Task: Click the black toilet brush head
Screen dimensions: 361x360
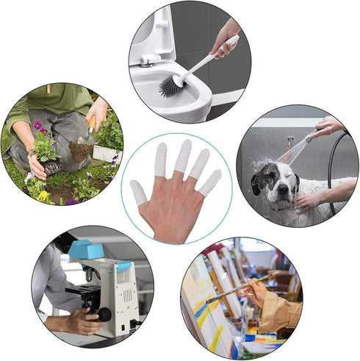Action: (171, 86)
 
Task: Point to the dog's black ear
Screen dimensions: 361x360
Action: (256, 180)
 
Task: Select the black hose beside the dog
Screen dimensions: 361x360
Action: (335, 169)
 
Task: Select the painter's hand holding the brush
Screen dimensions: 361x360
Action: (256, 290)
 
